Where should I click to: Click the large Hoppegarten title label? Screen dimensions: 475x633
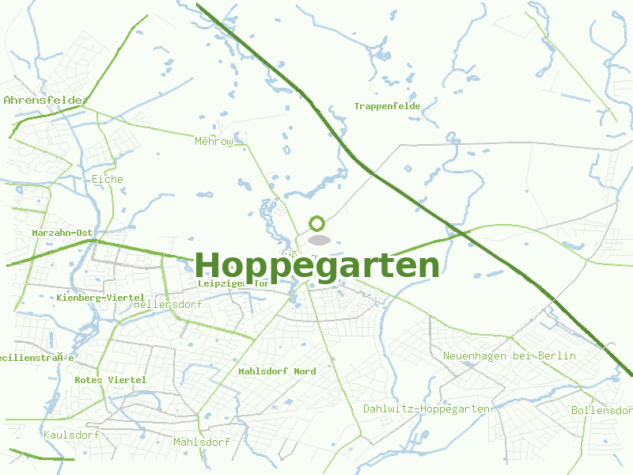(316, 266)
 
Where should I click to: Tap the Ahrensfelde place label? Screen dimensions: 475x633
(43, 101)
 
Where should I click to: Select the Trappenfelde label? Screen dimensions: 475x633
(387, 106)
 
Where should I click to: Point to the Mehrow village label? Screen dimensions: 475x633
(214, 142)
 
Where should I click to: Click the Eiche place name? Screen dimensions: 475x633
(108, 179)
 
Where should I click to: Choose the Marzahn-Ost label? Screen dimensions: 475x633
(63, 233)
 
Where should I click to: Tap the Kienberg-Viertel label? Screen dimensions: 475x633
(100, 297)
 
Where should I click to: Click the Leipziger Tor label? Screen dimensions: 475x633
(233, 283)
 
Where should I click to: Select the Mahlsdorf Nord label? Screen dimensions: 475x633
(277, 371)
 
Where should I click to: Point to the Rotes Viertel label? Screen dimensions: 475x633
(111, 380)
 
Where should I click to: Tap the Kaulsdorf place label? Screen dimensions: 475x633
(71, 435)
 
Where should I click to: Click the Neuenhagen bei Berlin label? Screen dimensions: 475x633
(510, 356)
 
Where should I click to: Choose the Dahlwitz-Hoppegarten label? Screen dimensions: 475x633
(426, 409)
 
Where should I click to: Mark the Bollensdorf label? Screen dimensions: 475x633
(601, 410)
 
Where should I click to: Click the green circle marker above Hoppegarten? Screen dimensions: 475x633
(317, 223)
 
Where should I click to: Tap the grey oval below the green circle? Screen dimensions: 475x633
(318, 240)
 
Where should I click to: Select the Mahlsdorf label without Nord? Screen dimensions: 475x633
(202, 442)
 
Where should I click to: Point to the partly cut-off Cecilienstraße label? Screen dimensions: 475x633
(37, 358)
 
